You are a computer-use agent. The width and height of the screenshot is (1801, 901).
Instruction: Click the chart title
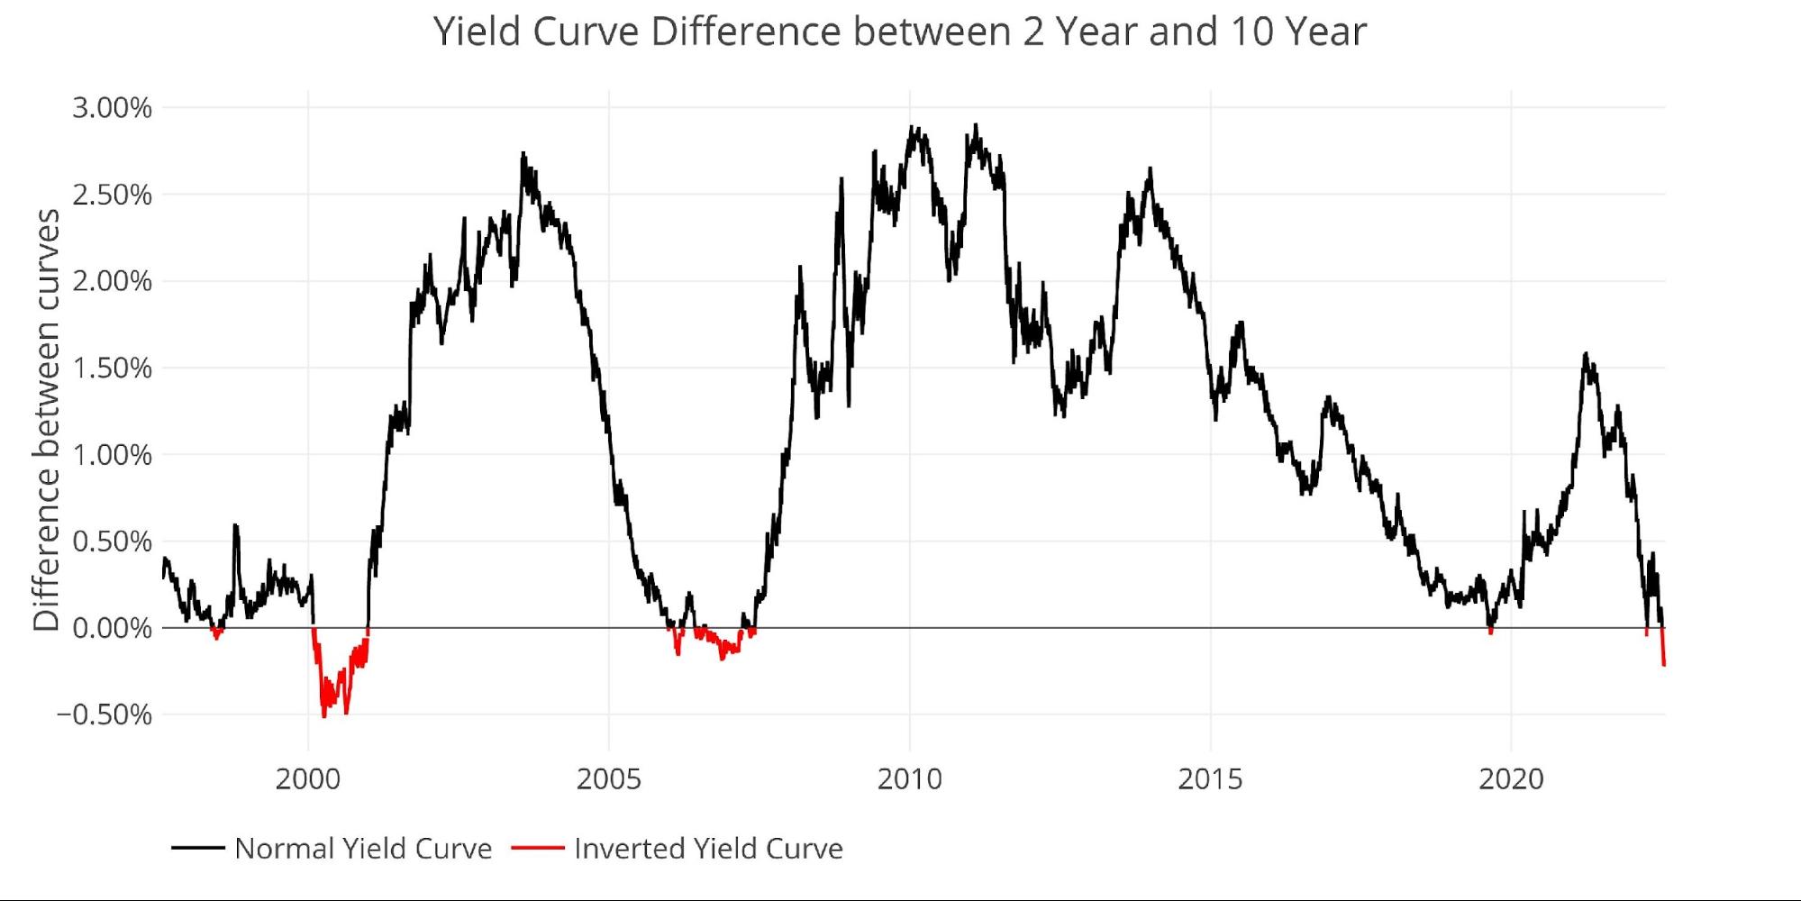899,32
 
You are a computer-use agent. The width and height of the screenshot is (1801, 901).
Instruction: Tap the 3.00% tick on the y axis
112,108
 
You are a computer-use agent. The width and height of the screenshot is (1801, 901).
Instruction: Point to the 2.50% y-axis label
112,195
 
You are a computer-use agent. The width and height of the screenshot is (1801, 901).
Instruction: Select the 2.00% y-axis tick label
112,281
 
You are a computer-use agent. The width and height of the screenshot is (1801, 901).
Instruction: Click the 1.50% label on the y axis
112,368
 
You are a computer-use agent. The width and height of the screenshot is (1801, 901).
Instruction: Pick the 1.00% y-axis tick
112,455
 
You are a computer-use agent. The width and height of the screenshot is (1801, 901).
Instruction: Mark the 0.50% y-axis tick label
112,542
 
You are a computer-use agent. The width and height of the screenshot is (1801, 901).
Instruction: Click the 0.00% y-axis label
112,628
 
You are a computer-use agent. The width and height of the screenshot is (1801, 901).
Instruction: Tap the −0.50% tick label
105,714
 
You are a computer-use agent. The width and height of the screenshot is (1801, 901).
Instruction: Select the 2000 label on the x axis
308,779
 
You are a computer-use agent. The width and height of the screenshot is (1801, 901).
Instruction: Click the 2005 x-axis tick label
609,779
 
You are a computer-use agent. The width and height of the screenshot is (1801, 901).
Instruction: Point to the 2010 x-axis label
910,779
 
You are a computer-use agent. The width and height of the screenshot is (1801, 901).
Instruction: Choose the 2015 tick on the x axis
1210,779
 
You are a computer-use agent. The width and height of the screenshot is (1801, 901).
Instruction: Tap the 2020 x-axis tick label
1511,779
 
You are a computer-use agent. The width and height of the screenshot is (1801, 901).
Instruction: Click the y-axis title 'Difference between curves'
46,420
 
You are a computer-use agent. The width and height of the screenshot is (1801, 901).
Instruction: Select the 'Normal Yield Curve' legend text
363,849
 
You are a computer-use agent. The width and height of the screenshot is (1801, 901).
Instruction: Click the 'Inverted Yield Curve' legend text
708,849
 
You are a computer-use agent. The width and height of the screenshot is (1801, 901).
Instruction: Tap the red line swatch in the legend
537,849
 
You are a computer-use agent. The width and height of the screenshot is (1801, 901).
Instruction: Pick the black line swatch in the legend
197,849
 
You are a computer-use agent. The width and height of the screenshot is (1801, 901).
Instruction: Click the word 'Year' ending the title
1326,32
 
